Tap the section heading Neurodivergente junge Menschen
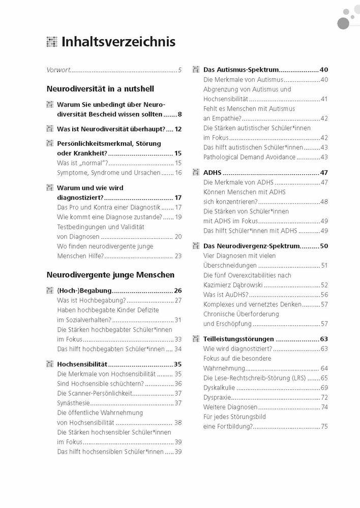coord(110,274)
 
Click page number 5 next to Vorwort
coord(179,70)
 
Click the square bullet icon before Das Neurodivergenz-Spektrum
coord(194,246)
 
